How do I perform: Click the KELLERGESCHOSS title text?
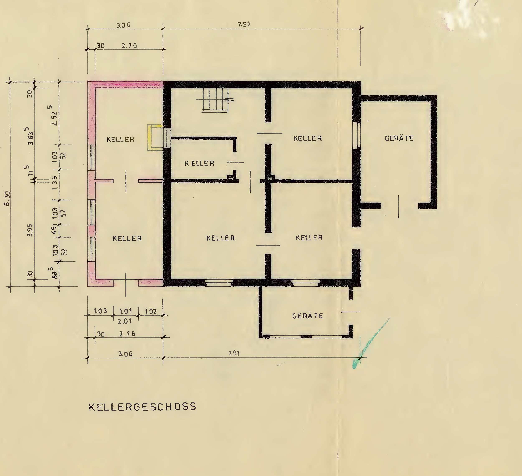tap(143, 407)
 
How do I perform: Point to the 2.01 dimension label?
tap(125, 321)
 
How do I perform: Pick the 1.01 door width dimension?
tap(125, 311)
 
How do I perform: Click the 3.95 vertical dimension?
tap(30, 230)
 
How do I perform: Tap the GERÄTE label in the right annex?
tap(399, 138)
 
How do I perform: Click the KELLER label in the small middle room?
tap(199, 163)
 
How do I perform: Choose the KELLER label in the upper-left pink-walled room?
tap(120, 139)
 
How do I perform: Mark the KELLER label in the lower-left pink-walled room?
tap(127, 238)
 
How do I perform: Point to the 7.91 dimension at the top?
tap(244, 24)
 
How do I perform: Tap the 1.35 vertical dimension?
tap(55, 183)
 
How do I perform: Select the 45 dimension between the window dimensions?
tap(54, 230)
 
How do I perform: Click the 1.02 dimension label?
tap(151, 311)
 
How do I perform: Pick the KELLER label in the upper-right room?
tap(308, 138)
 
